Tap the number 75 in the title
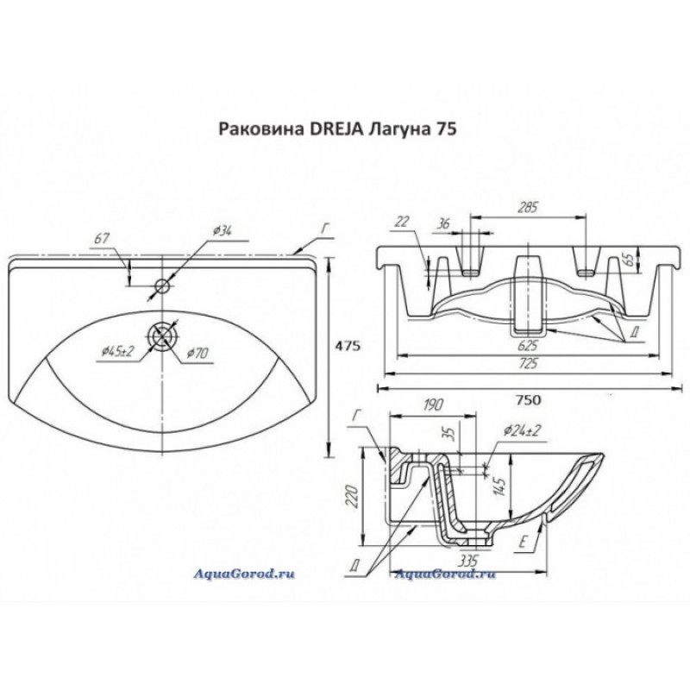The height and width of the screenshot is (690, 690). click(447, 129)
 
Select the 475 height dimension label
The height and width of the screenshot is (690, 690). click(348, 346)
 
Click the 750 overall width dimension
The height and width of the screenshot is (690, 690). click(528, 400)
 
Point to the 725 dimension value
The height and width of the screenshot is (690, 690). click(528, 363)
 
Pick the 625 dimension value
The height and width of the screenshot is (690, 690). click(528, 345)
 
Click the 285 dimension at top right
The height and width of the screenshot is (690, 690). click(528, 207)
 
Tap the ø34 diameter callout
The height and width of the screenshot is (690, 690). click(223, 230)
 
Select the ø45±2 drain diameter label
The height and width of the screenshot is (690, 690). click(117, 351)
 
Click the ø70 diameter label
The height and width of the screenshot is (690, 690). click(198, 353)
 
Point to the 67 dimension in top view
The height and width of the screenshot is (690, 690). click(101, 239)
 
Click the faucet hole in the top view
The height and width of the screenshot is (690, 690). click(162, 286)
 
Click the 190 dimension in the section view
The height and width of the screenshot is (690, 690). click(433, 405)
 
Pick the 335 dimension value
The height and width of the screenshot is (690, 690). click(467, 560)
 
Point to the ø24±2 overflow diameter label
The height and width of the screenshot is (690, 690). click(522, 430)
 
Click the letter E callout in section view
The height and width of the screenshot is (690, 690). click(523, 543)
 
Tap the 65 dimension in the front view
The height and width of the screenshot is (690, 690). click(630, 260)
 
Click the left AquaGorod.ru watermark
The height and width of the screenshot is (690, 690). click(244, 574)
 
